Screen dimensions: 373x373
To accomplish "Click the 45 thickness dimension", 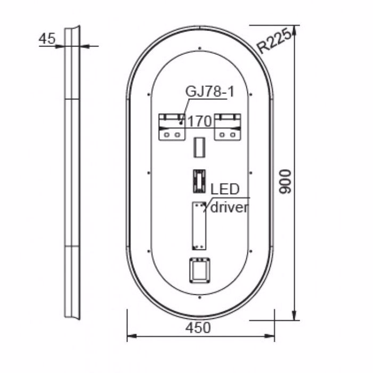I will (47, 38).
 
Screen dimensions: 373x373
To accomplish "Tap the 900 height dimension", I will (287, 182).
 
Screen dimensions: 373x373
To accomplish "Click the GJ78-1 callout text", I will (210, 91).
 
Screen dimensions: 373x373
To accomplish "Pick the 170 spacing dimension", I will (199, 121).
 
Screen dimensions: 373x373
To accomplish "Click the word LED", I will (225, 189).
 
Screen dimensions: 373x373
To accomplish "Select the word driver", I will (229, 207).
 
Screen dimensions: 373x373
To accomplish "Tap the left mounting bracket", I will (173, 127).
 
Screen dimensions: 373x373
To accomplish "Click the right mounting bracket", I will (228, 127).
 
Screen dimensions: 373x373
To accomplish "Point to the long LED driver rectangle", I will (199, 225).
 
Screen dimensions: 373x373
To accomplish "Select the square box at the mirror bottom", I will (200, 270).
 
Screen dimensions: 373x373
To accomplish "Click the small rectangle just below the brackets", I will (199, 147).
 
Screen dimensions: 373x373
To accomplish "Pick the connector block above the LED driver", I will (199, 181).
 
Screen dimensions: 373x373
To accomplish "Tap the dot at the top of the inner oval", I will (199, 48).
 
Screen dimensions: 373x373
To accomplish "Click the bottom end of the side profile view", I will (73, 316).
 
